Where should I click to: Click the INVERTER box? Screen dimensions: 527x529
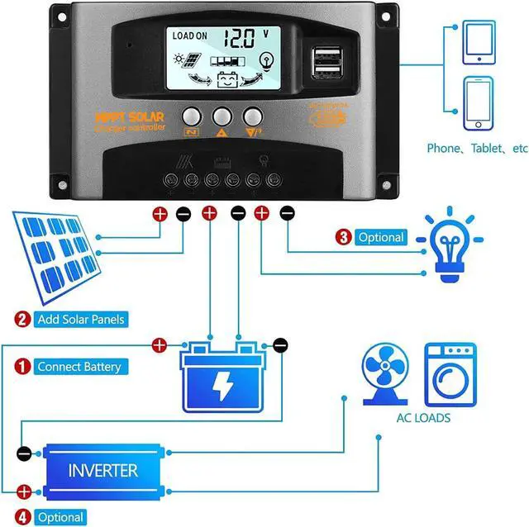(102, 470)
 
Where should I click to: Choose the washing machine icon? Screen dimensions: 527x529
(450, 373)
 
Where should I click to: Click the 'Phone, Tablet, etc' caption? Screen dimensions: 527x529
(477, 149)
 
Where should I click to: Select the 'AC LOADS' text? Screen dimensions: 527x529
(422, 418)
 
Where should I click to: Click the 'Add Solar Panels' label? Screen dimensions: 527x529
(83, 318)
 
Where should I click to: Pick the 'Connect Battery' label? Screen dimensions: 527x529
(79, 366)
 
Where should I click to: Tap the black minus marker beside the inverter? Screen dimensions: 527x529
(25, 453)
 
